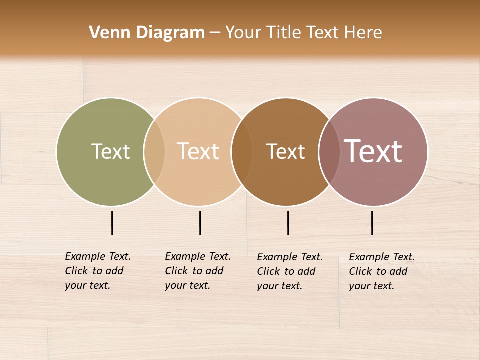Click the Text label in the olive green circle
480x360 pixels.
[110, 151]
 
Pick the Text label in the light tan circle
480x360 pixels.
[198, 151]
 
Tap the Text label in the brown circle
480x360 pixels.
[285, 151]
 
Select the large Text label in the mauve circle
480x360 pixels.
[373, 151]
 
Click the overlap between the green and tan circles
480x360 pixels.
[154, 151]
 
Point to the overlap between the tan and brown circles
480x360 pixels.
[242, 151]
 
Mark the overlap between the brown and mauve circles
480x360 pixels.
[329, 151]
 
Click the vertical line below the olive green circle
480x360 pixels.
[112, 223]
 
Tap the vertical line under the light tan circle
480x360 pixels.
[200, 223]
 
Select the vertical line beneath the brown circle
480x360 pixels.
[288, 223]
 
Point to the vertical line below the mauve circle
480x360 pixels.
[372, 223]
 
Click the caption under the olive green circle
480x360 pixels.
[97, 271]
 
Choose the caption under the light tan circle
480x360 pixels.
[197, 271]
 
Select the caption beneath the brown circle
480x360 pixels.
[289, 271]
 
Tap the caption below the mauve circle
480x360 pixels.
[381, 271]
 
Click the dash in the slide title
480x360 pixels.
[215, 33]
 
